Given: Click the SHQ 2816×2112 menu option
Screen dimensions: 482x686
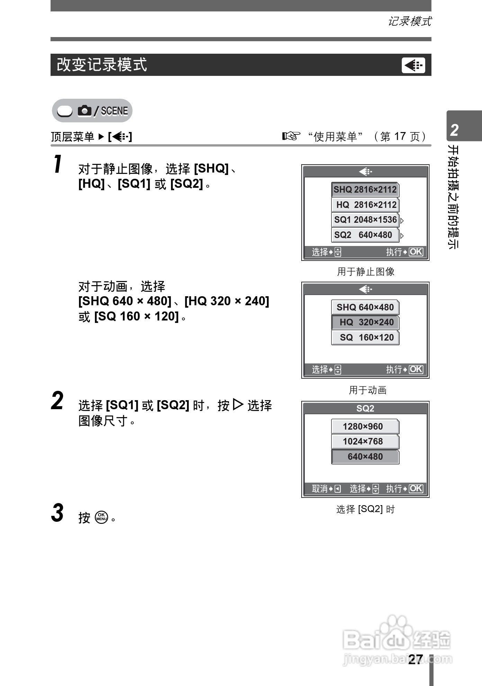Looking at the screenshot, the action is pyautogui.click(x=365, y=190).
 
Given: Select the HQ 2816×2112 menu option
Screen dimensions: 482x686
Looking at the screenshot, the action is pyautogui.click(x=365, y=205).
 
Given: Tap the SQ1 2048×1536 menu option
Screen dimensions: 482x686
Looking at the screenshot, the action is pyautogui.click(x=365, y=220).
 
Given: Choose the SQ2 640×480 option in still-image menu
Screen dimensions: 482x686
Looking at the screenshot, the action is pyautogui.click(x=365, y=235).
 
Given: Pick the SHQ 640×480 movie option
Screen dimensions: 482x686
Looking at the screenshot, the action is pyautogui.click(x=365, y=307).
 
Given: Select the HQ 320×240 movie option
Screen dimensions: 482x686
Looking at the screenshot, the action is pyautogui.click(x=365, y=322).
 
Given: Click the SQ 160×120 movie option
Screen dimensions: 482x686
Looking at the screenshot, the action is pyautogui.click(x=365, y=337).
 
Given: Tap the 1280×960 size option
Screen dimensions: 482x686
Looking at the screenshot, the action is pyautogui.click(x=365, y=426).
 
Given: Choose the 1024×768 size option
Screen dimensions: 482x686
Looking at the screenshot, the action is pyautogui.click(x=365, y=441).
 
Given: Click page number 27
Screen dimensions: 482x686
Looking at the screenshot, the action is pyautogui.click(x=415, y=659).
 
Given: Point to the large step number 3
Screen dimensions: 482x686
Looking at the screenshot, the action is pyautogui.click(x=57, y=513).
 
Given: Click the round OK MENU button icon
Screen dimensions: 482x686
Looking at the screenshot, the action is pyautogui.click(x=101, y=517).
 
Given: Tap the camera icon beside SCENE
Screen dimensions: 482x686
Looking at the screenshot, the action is pyautogui.click(x=84, y=111).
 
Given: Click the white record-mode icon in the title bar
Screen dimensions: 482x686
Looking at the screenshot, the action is pyautogui.click(x=413, y=65).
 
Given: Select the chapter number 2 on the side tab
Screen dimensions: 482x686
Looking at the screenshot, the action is pyautogui.click(x=454, y=130).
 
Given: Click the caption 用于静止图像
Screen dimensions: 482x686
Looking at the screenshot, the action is pyautogui.click(x=366, y=272).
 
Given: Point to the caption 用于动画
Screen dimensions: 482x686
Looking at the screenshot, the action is pyautogui.click(x=367, y=390).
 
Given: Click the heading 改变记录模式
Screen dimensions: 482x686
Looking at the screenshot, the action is pyautogui.click(x=102, y=65).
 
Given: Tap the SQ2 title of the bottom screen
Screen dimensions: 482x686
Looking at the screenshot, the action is pyautogui.click(x=365, y=408).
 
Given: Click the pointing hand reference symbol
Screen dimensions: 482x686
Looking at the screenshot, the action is pyautogui.click(x=291, y=136).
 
